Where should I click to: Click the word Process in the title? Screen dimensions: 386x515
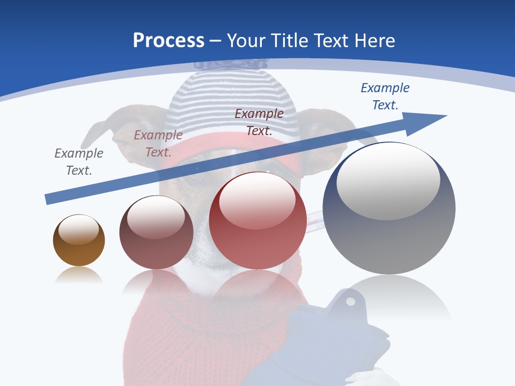[168, 41]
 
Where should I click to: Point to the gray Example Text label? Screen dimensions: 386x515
[78, 162]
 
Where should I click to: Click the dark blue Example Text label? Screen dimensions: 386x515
[385, 96]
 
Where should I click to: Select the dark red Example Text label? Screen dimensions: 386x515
[259, 122]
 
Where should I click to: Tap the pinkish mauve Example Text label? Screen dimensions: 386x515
[158, 144]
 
